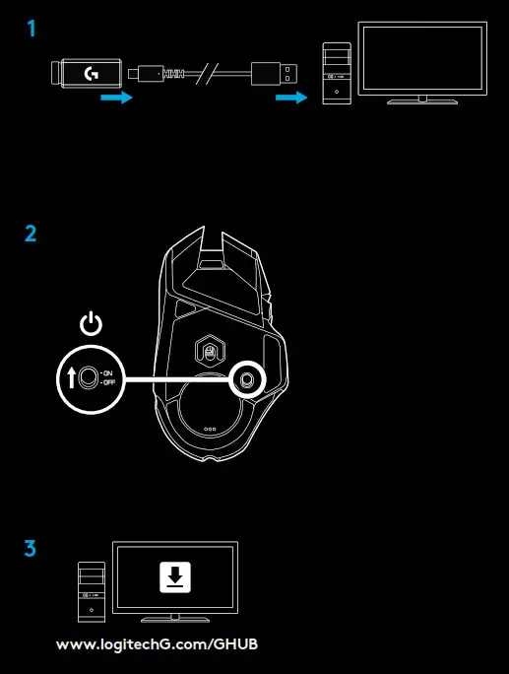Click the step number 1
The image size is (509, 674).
point(33,29)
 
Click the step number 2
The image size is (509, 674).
point(31,234)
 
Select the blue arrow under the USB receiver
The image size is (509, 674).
point(116,99)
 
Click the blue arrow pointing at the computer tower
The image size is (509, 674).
point(291,99)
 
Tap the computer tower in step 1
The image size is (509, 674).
point(338,74)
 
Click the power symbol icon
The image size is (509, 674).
point(90,323)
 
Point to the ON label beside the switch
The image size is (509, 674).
point(108,371)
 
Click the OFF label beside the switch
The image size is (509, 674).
point(109,382)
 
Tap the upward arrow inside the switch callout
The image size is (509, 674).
point(72,377)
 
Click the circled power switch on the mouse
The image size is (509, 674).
point(245,377)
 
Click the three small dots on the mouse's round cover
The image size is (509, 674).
point(209,429)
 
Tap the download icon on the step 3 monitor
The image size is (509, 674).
point(174,578)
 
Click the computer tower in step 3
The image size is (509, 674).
point(92,590)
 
